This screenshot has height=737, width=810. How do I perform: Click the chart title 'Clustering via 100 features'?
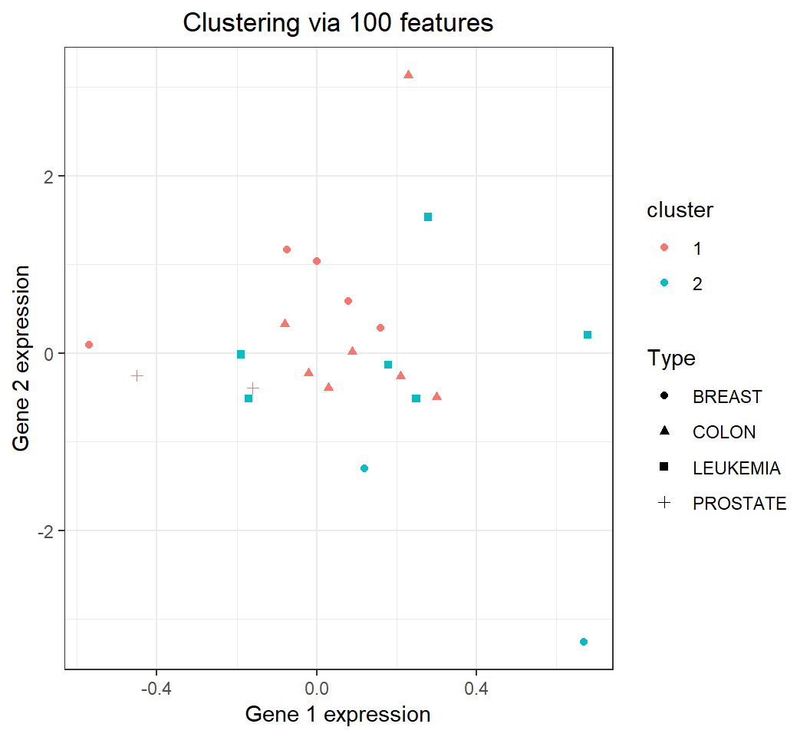click(337, 24)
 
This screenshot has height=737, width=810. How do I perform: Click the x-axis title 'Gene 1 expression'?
click(337, 714)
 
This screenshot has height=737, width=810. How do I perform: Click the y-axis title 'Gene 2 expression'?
click(23, 359)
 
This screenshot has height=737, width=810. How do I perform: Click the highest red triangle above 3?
click(408, 74)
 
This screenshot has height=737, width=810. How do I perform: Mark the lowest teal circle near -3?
click(584, 642)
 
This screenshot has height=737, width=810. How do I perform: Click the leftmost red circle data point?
click(89, 345)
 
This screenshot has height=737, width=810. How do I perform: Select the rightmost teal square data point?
click(588, 335)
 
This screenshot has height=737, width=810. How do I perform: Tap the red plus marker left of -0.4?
click(137, 375)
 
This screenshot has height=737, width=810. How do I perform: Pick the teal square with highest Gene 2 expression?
click(428, 217)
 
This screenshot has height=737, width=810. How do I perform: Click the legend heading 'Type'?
click(671, 359)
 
